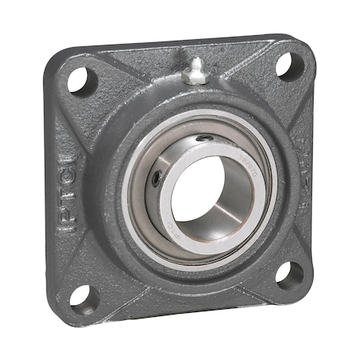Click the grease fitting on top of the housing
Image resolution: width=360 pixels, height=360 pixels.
point(194,71)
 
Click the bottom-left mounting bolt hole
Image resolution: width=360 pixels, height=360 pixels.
point(82,297)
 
